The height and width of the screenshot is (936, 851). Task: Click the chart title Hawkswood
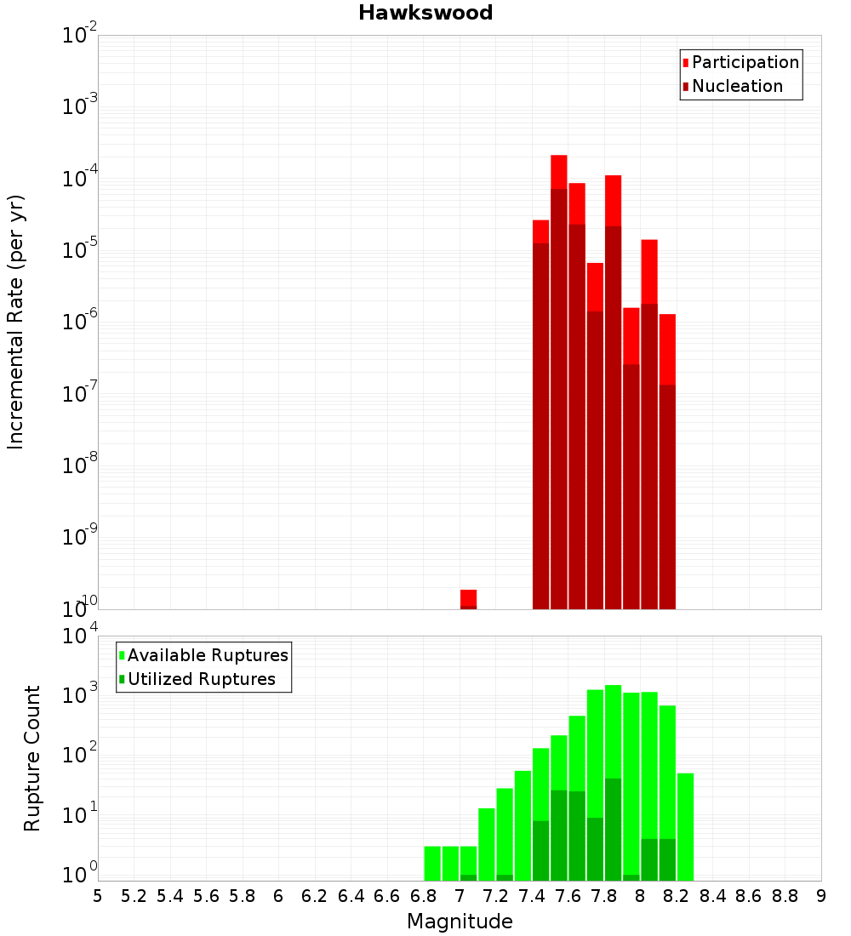(x=425, y=13)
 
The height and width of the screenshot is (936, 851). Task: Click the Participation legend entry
(x=745, y=62)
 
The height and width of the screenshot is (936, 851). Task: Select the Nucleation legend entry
(x=737, y=86)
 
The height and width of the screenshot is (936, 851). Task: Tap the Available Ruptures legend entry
(x=208, y=655)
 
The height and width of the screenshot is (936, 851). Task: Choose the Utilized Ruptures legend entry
(x=201, y=679)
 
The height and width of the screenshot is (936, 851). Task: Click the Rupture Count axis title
(x=32, y=758)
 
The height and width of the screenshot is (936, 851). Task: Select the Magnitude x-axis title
(x=460, y=922)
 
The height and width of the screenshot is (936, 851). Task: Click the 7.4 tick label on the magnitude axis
(x=532, y=896)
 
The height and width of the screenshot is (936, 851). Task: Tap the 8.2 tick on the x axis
(x=677, y=896)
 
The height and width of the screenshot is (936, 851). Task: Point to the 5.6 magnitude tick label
(x=206, y=896)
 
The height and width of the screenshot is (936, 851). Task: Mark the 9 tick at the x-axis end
(x=821, y=896)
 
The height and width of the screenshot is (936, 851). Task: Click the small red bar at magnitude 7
(x=468, y=597)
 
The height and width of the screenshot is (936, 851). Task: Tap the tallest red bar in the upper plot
(x=558, y=170)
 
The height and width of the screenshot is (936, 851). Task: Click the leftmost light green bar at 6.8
(x=432, y=863)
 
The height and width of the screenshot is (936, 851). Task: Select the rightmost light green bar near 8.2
(x=685, y=825)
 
